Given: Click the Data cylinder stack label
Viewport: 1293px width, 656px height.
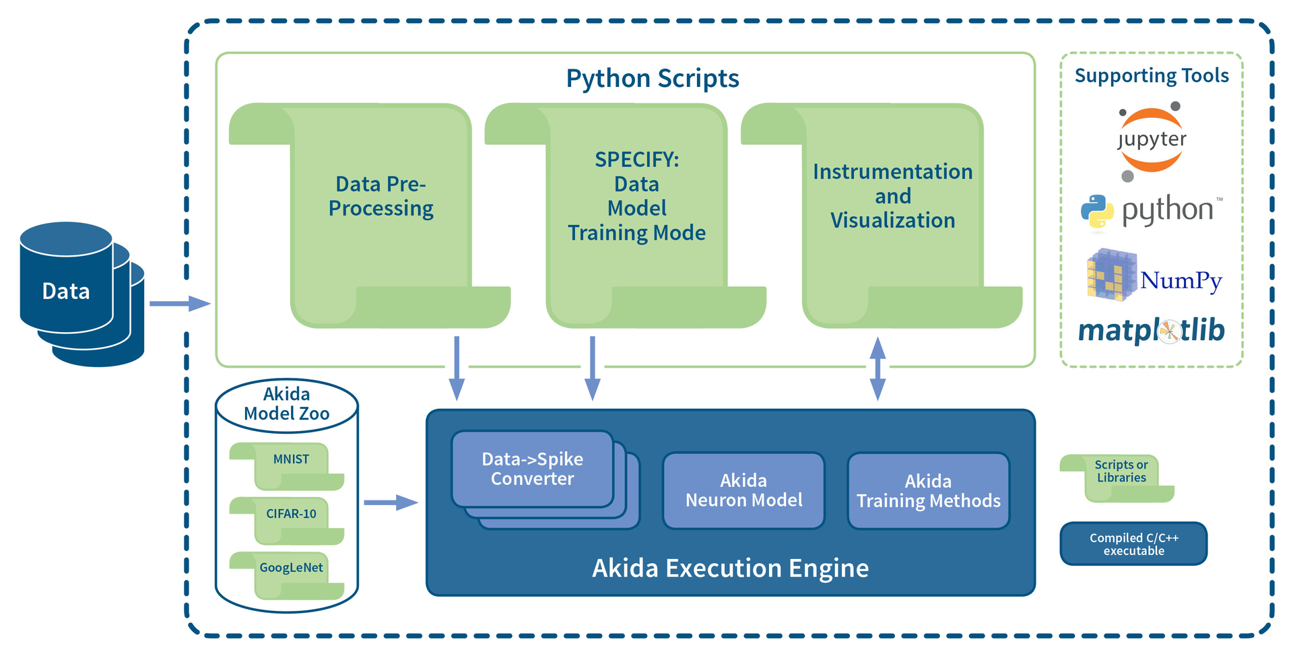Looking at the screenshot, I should [66, 291].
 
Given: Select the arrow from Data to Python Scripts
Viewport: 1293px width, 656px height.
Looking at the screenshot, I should [179, 304].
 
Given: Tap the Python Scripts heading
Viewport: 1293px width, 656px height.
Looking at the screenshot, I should [652, 78].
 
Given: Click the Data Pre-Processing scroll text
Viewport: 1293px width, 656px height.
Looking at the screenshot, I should [380, 196].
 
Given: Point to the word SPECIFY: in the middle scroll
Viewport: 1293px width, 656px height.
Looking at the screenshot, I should [636, 160].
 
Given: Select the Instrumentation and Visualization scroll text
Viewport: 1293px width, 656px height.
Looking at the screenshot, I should [892, 196].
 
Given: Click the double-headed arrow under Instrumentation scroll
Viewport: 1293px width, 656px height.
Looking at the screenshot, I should [877, 368].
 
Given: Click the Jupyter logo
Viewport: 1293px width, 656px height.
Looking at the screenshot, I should [1151, 140].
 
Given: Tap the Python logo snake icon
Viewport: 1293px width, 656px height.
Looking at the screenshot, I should [1097, 211].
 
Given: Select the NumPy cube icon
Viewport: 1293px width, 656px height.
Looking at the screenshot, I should [1110, 275].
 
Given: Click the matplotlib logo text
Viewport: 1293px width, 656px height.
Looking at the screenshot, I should [1151, 331].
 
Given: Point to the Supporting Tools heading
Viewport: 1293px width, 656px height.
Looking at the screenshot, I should [1151, 75].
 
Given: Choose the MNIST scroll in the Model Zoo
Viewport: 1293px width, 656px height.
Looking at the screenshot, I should [291, 459].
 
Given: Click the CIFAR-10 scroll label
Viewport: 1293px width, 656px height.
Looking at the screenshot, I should [291, 514].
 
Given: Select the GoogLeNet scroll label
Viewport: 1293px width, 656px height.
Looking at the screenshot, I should [291, 568].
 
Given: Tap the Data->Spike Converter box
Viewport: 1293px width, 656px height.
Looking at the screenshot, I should [532, 469].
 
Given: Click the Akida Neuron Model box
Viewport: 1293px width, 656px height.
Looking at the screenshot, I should [743, 490].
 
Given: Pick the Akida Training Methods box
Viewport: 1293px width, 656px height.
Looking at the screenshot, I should [928, 491].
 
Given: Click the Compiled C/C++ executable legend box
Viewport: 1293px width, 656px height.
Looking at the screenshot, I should [1133, 544].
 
